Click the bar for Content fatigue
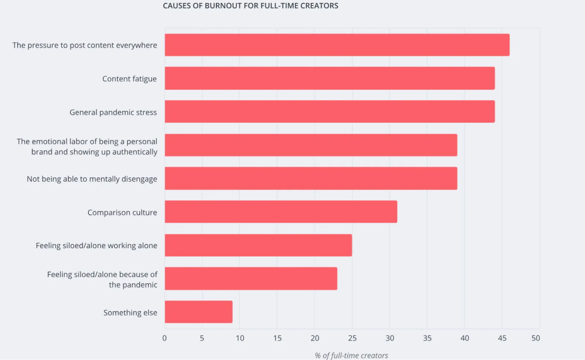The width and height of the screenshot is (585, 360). [329, 78]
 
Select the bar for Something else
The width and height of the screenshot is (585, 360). [199, 312]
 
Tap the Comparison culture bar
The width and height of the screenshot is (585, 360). [281, 212]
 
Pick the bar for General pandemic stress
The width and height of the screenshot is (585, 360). [329, 111]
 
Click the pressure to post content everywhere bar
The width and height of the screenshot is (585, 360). [337, 45]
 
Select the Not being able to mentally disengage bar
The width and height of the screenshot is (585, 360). [311, 178]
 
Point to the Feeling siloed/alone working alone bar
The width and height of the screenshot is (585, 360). [258, 245]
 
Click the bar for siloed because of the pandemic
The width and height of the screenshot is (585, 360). [251, 278]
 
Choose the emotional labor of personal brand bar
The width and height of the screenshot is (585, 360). [311, 145]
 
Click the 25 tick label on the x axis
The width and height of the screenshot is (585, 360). [352, 338]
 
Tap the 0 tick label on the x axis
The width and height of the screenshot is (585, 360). [165, 338]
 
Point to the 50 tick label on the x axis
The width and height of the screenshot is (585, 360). [536, 338]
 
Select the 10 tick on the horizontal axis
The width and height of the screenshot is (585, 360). [240, 338]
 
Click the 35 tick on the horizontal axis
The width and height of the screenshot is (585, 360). [427, 338]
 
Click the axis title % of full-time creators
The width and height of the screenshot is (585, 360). [351, 355]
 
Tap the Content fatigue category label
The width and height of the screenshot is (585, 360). [129, 79]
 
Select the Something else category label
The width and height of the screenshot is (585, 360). [130, 313]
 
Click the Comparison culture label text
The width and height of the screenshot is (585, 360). [122, 212]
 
